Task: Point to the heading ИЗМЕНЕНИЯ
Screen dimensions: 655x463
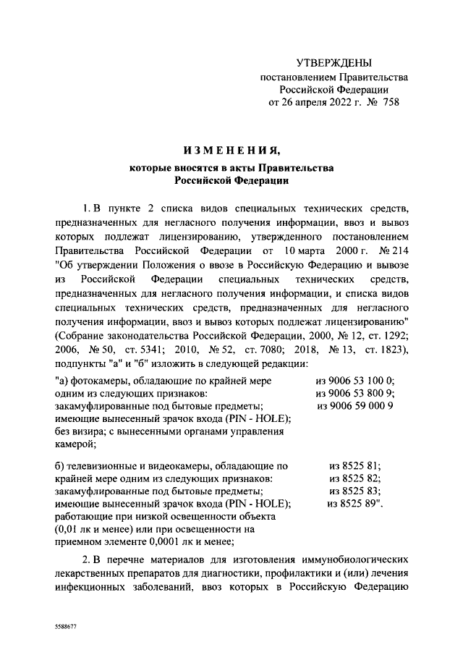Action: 231,151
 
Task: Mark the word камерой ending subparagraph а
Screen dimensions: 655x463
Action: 74,444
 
